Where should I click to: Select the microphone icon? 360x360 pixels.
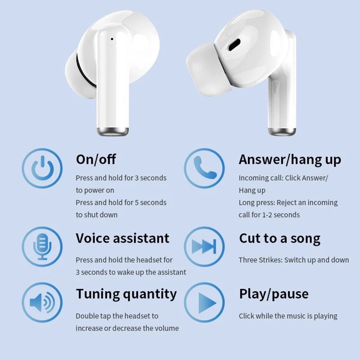point(42,247)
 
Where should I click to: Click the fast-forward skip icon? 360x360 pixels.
point(204,246)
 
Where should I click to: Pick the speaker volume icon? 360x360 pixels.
point(42,302)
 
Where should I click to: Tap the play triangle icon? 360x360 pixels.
point(207,303)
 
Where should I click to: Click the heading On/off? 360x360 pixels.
point(96,159)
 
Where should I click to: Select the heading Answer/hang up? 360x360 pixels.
point(290,160)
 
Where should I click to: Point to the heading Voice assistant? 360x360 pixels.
point(122,238)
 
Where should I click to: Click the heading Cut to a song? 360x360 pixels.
point(279,239)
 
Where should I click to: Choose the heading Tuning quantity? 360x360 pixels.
point(126,294)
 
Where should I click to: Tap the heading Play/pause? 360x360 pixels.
point(274,294)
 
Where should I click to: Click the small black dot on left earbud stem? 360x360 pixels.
point(112,39)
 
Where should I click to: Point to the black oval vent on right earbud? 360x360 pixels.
point(234,45)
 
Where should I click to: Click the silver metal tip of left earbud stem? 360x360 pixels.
point(112,131)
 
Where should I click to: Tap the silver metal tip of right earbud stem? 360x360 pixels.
point(282,131)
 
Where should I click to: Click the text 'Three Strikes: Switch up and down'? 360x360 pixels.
point(294,260)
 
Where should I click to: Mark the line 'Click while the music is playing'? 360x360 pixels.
point(288,316)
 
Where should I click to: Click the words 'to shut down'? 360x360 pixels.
point(97,215)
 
